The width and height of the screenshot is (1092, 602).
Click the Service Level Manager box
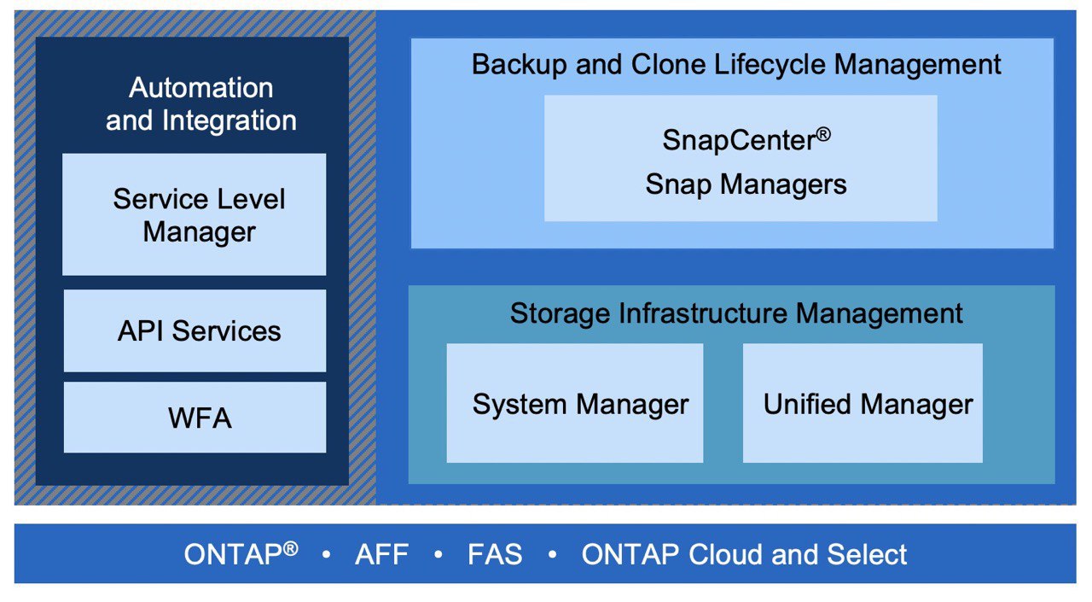click(x=194, y=214)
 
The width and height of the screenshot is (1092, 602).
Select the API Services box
click(x=195, y=330)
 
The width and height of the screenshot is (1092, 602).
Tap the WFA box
click(x=195, y=417)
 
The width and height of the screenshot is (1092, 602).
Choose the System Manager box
click(x=575, y=403)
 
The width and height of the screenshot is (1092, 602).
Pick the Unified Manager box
click(x=863, y=403)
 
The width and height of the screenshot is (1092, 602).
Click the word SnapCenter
click(x=739, y=141)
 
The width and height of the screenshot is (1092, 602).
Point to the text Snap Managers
click(x=746, y=185)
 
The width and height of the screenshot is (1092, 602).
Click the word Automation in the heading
click(x=200, y=88)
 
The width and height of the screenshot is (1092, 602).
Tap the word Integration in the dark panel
click(x=229, y=120)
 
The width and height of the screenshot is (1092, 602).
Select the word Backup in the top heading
click(x=519, y=64)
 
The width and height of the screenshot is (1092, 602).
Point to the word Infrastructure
click(x=702, y=313)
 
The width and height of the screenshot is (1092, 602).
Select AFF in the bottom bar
click(x=381, y=554)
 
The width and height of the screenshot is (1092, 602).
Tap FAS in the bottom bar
click(x=495, y=554)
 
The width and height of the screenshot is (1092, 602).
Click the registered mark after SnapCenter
click(x=823, y=134)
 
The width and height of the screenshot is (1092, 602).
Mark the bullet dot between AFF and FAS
click(x=438, y=554)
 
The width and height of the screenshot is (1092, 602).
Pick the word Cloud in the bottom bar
click(x=725, y=554)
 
